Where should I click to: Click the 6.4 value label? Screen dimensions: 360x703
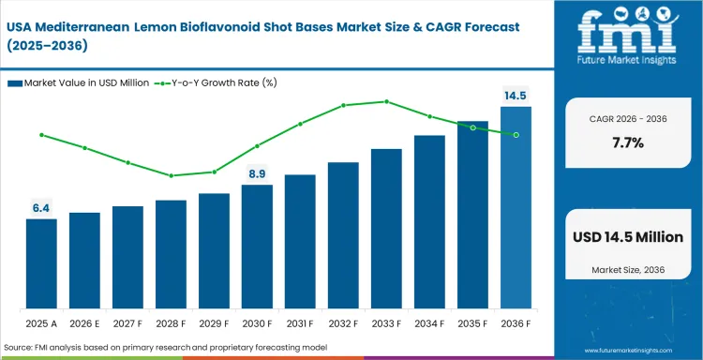41,208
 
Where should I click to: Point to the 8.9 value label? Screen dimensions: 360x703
257,173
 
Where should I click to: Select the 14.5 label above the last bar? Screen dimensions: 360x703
516,95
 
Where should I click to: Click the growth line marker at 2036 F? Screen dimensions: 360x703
516,135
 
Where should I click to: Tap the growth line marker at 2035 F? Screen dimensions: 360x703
472,127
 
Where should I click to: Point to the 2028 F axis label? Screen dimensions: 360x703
171,323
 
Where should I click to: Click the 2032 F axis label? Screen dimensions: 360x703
343,323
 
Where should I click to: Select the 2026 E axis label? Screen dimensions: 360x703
84,323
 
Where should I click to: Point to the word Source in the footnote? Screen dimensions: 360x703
21,348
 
